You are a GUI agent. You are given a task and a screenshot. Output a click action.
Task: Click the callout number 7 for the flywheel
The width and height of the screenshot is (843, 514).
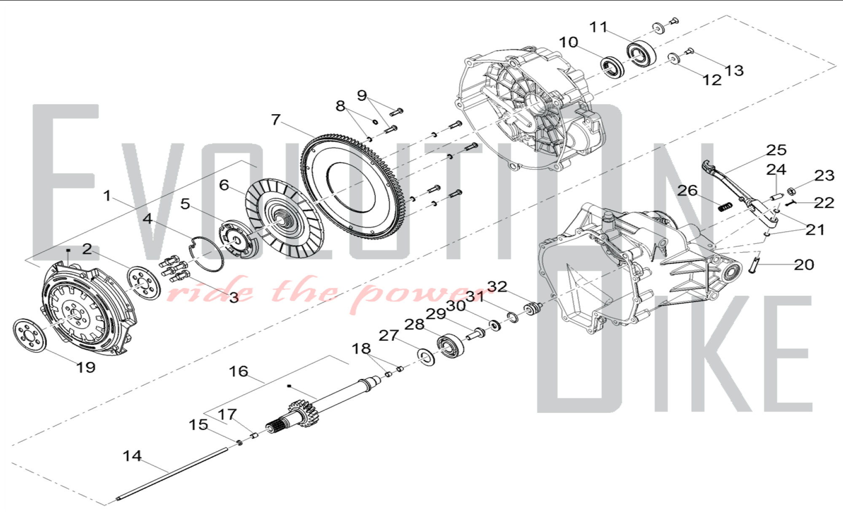click(276, 120)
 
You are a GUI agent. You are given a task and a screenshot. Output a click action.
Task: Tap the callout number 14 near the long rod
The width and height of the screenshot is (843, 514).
click(132, 456)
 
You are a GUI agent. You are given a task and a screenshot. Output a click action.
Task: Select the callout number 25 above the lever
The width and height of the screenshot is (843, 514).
click(776, 150)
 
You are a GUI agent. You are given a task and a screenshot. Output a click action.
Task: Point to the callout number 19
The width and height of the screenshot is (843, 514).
click(86, 367)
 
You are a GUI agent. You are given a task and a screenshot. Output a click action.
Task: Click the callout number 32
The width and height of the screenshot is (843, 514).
click(497, 286)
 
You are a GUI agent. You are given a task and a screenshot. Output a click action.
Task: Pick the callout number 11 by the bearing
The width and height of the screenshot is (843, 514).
click(598, 27)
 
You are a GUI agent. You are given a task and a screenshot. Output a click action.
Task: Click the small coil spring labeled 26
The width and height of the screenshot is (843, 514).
click(725, 206)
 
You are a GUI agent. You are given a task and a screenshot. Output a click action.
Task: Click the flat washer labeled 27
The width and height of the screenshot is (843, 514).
click(426, 356)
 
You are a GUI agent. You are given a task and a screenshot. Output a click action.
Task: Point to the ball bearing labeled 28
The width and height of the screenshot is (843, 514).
click(451, 345)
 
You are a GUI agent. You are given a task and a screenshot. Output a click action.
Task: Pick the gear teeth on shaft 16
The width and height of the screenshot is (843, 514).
click(302, 410)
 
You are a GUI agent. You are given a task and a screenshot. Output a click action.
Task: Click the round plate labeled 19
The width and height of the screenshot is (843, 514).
click(30, 336)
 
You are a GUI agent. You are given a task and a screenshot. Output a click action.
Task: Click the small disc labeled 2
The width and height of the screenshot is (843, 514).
click(144, 283)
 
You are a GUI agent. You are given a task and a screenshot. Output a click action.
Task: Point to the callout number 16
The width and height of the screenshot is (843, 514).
click(239, 371)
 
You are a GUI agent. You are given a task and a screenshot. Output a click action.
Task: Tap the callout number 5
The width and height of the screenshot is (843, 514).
click(185, 204)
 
